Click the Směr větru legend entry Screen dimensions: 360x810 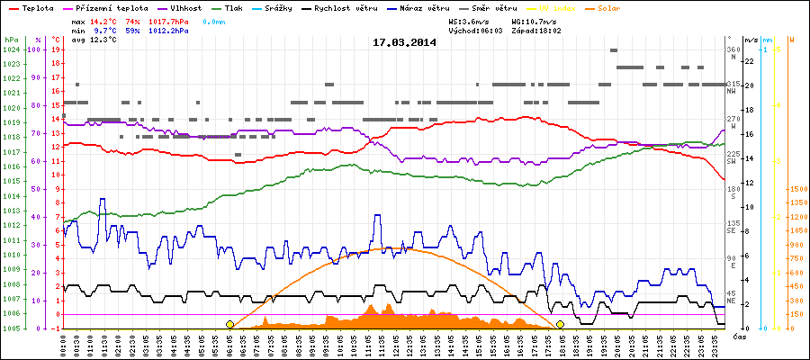point(496,7)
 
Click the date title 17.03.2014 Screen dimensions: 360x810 point(404,42)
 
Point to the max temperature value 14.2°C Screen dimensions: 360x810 point(103,20)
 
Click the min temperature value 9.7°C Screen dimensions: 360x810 point(106,30)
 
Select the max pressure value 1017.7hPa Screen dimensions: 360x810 point(171,20)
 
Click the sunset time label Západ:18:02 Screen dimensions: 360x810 point(537,30)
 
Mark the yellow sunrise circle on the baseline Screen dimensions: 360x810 point(229,324)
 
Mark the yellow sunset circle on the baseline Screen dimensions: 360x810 point(560,324)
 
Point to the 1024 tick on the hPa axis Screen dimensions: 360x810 point(11,49)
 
